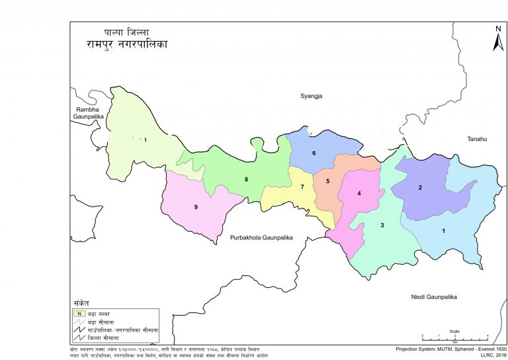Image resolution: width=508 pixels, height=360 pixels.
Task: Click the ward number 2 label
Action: (x=420, y=187)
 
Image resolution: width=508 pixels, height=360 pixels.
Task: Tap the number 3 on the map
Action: (x=382, y=226)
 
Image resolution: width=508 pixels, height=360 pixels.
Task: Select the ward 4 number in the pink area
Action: (x=359, y=193)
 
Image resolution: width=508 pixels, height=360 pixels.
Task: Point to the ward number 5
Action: (x=327, y=181)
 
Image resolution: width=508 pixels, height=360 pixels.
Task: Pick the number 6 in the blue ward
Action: (x=314, y=153)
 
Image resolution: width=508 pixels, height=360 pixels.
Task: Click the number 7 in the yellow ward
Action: (x=302, y=187)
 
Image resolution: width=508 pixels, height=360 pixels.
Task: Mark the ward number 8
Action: (x=246, y=179)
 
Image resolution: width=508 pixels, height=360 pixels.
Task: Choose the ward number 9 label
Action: (x=196, y=207)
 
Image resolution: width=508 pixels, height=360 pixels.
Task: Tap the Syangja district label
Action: (x=315, y=96)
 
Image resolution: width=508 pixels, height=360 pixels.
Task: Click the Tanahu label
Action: (x=476, y=138)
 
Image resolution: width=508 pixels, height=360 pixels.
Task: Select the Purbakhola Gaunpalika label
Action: (x=261, y=237)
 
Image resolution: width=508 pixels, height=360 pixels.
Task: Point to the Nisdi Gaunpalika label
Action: (x=434, y=296)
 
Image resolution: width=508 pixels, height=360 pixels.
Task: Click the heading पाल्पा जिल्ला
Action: (x=126, y=31)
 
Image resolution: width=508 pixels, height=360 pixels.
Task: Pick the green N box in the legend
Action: (x=79, y=313)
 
